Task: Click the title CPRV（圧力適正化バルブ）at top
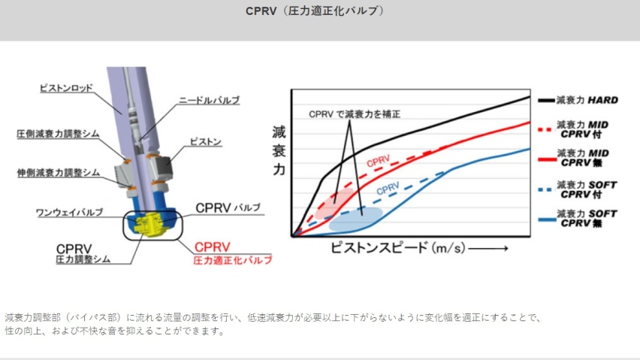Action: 315,11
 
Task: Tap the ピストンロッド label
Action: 66,88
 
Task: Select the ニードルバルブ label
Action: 209,101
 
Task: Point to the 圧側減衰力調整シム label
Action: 58,134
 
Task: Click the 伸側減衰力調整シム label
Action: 59,173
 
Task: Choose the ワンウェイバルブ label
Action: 69,212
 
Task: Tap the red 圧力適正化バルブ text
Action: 233,260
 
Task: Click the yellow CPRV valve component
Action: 149,225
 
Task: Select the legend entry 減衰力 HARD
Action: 578,100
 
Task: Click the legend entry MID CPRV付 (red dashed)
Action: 574,129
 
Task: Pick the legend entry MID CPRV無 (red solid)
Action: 574,158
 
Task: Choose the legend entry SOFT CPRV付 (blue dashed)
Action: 578,190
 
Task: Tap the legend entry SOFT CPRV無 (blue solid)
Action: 578,219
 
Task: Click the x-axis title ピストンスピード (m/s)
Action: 398,248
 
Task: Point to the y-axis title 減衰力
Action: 279,150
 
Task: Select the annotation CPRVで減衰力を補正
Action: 355,114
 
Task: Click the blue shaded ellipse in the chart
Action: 355,219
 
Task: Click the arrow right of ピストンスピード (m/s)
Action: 488,248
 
